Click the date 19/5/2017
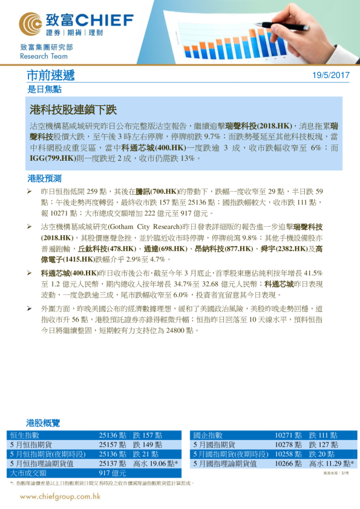(x=331, y=76)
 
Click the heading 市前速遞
(x=51, y=76)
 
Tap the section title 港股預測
(x=44, y=178)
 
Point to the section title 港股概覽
(x=43, y=423)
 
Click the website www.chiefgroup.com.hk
(x=60, y=496)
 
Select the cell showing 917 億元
(x=113, y=473)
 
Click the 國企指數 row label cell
(x=209, y=435)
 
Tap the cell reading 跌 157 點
(x=147, y=435)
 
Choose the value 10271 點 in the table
(x=289, y=435)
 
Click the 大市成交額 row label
(x=28, y=473)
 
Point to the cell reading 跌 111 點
(x=323, y=435)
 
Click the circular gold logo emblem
(x=31, y=24)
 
